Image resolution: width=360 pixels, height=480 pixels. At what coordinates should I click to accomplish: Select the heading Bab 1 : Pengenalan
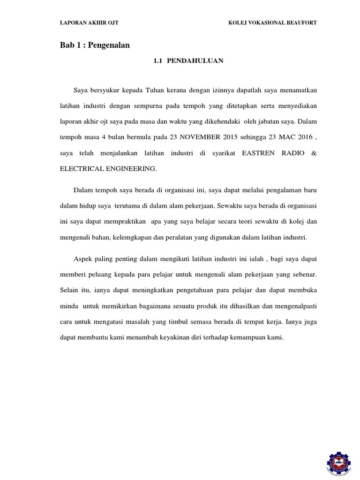click(95, 45)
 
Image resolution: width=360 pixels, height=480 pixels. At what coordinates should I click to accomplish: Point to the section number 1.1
click(157, 60)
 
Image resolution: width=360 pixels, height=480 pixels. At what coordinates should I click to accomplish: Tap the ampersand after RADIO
click(314, 153)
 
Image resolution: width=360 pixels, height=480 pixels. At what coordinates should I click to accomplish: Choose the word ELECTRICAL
click(80, 169)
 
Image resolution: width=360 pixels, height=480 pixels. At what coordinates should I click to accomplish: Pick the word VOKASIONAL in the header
click(264, 22)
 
